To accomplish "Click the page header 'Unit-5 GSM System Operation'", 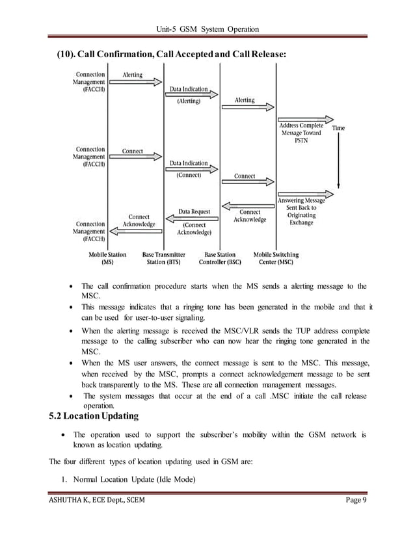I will [x=207, y=29].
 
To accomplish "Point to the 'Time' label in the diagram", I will [x=338, y=128].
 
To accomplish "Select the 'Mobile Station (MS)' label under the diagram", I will [x=107, y=259].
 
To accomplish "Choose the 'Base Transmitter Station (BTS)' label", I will [x=164, y=259].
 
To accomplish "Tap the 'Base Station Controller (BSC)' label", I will [x=220, y=259].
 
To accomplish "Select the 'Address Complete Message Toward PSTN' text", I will [x=301, y=133].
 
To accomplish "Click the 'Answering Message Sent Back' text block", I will [x=301, y=211].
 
